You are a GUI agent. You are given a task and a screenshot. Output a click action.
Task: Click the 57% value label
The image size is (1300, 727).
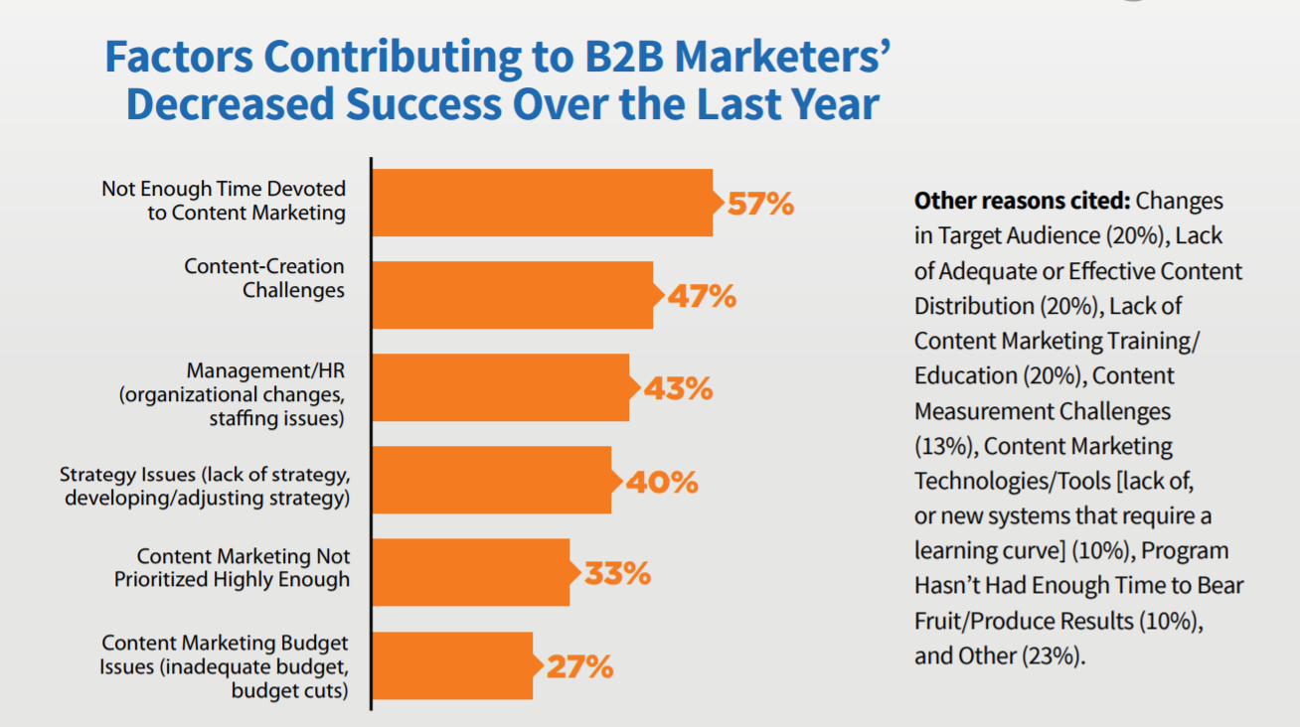click(x=760, y=204)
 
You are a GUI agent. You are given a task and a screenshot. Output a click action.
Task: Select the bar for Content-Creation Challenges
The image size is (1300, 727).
click(x=512, y=295)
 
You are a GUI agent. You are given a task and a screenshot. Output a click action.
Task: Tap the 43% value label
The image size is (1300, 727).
click(x=678, y=388)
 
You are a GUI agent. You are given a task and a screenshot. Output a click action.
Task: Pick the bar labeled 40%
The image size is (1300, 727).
click(x=491, y=480)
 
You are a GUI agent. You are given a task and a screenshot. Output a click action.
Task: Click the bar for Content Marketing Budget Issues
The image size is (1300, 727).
click(x=452, y=665)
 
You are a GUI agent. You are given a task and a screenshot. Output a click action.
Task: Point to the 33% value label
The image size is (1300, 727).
click(x=617, y=573)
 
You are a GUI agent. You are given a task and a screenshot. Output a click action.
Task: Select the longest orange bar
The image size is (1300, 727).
click(x=542, y=203)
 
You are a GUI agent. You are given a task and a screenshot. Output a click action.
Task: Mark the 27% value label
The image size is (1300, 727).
click(x=579, y=665)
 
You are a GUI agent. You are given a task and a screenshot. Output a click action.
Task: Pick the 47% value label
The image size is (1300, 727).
click(x=702, y=296)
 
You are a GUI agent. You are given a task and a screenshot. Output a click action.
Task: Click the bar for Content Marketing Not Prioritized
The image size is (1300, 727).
click(x=471, y=572)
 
